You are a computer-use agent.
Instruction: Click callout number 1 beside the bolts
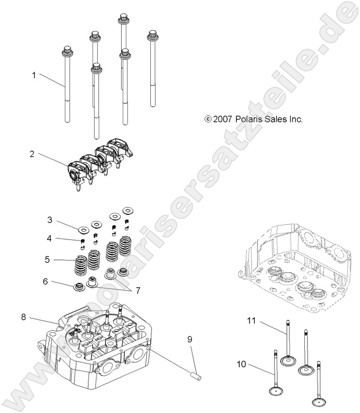pos(34,75)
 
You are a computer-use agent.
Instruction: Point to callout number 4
pos(50,238)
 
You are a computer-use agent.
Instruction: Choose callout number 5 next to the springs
pos(47,260)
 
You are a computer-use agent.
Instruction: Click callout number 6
pos(46,281)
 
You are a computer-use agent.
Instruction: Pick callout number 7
pos(137,290)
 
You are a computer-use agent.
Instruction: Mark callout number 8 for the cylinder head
pos(24,317)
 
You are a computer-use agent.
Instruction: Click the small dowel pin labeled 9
pos(196,377)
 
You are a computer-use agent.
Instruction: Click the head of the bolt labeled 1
pos(65,51)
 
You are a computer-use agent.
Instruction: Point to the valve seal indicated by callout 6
pos(80,286)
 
